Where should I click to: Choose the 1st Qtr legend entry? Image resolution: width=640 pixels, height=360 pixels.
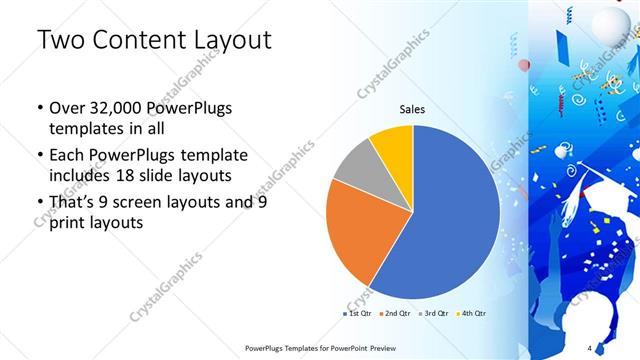pyautogui.click(x=358, y=314)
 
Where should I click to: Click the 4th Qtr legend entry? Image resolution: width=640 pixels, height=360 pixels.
pyautogui.click(x=472, y=314)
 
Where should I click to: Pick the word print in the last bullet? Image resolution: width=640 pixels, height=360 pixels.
pyautogui.click(x=67, y=223)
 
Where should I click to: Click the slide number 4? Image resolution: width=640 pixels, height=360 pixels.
pyautogui.click(x=590, y=348)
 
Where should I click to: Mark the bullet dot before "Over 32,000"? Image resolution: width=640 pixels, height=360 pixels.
pyautogui.click(x=38, y=109)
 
